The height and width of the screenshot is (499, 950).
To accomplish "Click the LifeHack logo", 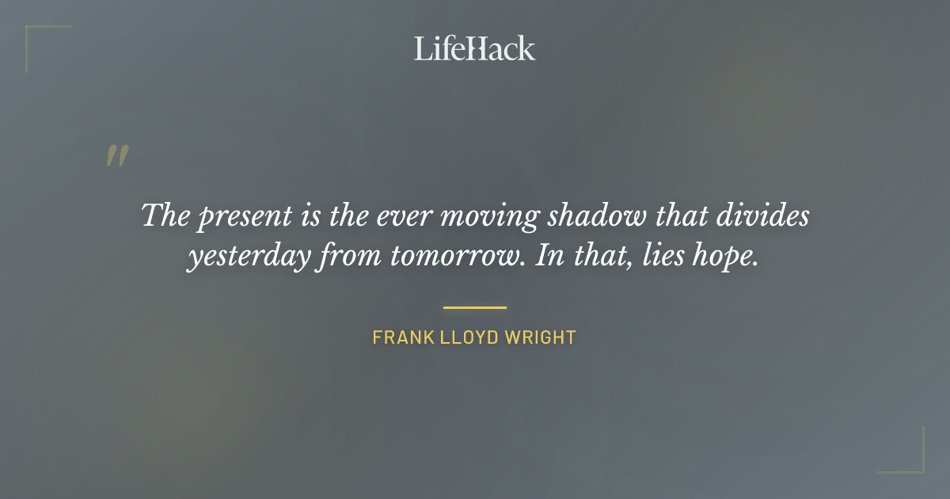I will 474,48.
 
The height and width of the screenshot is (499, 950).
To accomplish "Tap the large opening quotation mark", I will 116,156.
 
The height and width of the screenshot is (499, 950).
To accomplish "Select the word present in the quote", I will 234,217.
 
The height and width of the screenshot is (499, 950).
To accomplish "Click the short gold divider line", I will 474,307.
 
